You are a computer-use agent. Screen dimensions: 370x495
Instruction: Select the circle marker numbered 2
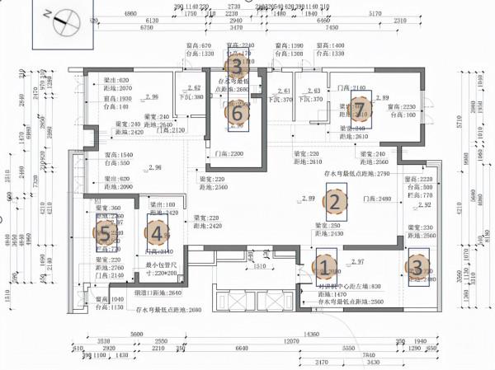click(x=334, y=200)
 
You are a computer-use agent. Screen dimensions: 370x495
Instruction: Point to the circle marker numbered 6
click(x=238, y=112)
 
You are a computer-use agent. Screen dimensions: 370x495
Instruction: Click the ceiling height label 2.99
click(x=309, y=199)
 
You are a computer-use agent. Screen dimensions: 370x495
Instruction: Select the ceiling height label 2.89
click(x=383, y=98)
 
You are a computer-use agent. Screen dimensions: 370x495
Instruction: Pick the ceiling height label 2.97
click(x=357, y=262)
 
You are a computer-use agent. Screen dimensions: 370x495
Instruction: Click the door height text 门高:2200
click(x=228, y=154)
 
